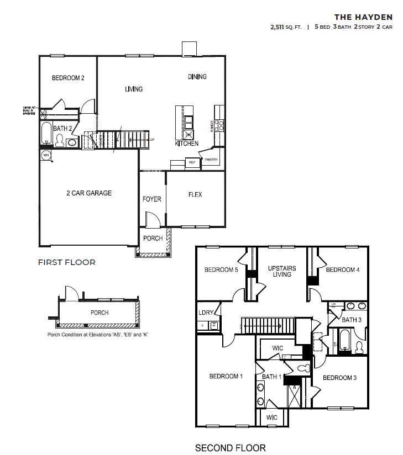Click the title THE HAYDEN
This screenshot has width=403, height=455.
(x=363, y=17)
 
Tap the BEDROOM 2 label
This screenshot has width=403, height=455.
(x=68, y=78)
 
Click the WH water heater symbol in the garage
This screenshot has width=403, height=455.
(x=46, y=155)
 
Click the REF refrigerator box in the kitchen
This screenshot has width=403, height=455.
(x=192, y=162)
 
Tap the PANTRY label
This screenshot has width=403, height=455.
(x=212, y=160)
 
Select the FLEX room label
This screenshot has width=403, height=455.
(x=195, y=195)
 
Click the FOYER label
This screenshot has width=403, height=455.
(x=152, y=199)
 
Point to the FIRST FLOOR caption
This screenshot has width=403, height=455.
(x=66, y=262)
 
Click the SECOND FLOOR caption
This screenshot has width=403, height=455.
(x=231, y=448)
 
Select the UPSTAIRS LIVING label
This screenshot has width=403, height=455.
(x=282, y=271)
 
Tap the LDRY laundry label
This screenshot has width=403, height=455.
(x=206, y=313)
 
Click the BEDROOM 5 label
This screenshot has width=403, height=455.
(x=221, y=270)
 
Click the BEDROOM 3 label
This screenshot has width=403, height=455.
(x=339, y=378)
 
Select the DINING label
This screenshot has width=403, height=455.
(x=197, y=77)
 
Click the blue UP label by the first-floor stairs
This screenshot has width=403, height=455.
(x=152, y=140)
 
